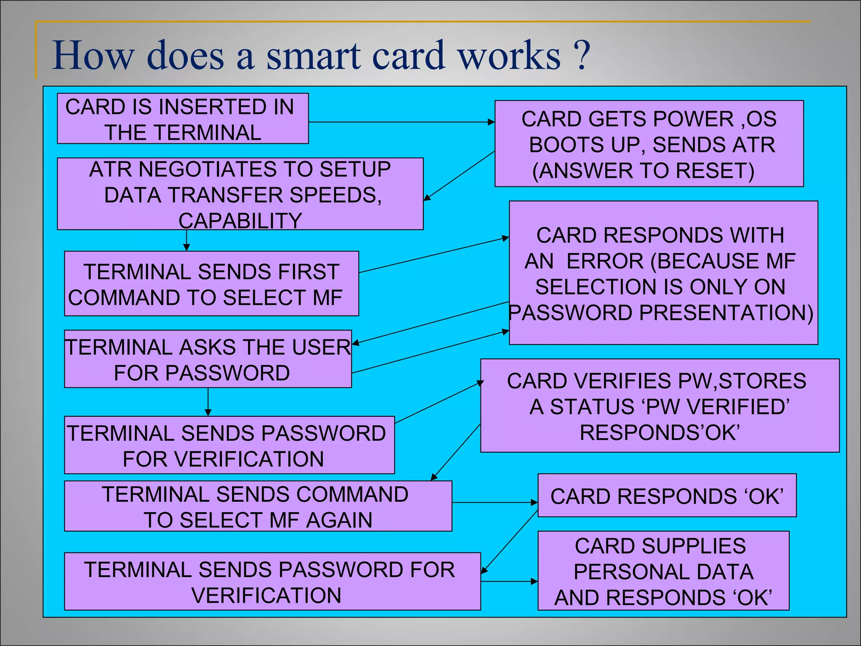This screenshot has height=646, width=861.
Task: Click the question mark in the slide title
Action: [582, 56]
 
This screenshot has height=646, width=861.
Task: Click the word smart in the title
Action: [313, 56]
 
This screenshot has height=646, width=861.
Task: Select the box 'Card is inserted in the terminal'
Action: [182, 119]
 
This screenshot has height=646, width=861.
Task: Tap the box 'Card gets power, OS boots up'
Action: [649, 143]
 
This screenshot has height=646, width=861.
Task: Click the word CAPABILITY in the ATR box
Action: [240, 221]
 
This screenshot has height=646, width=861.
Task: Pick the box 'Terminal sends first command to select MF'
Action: [211, 283]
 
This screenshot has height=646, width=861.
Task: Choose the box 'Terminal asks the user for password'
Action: [208, 359]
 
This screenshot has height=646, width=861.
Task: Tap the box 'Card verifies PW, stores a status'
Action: [659, 405]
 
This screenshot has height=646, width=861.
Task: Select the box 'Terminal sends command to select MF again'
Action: [258, 506]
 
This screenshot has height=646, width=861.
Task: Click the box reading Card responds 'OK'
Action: [667, 495]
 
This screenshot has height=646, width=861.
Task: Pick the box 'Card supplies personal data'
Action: [663, 571]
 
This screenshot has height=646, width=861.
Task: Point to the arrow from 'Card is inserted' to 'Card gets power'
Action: [401, 122]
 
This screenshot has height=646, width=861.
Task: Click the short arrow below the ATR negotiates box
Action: [186, 241]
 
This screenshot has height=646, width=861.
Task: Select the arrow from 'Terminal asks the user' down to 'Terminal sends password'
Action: [208, 402]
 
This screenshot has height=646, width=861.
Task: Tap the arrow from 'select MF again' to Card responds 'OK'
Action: [494, 502]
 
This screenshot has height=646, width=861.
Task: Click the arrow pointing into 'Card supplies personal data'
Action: [509, 582]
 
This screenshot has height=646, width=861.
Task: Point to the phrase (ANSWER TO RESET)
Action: [643, 171]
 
